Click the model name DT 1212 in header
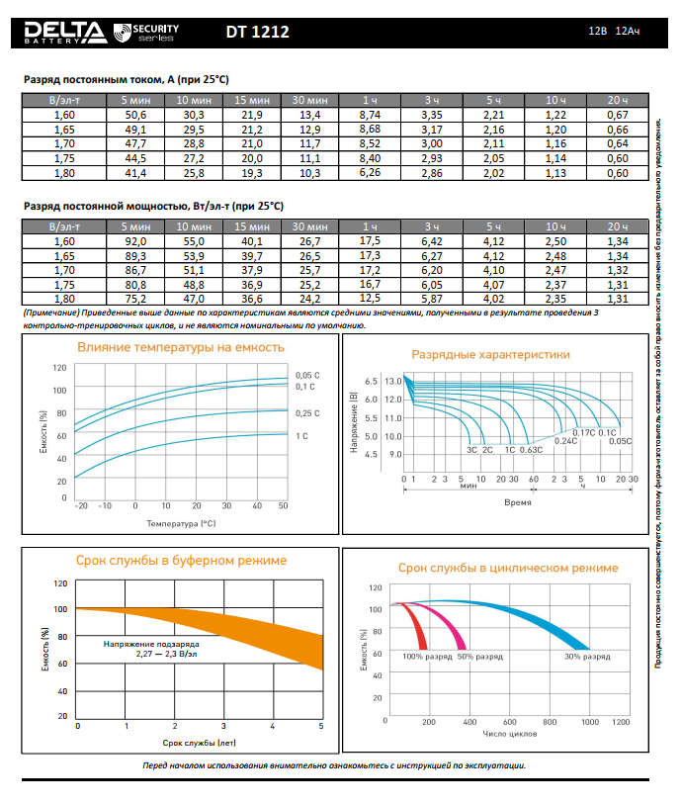pos(257,33)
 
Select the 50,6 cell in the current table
pos(135,116)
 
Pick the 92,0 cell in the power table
pos(135,241)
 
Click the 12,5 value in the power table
pos(371,298)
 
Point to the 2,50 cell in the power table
pos(556,241)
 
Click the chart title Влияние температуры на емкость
pos(181,347)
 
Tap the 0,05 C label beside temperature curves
pos(308,375)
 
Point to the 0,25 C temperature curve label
pos(308,412)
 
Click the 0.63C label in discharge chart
pos(532,450)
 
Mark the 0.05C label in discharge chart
pos(620,441)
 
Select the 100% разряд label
pos(426,657)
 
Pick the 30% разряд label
pos(585,657)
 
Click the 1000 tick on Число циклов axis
pos(590,723)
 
